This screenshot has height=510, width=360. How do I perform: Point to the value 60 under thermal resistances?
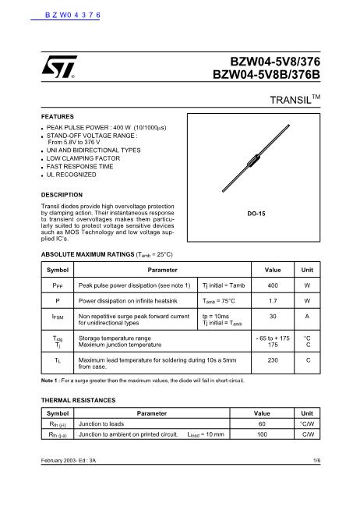(262, 424)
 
